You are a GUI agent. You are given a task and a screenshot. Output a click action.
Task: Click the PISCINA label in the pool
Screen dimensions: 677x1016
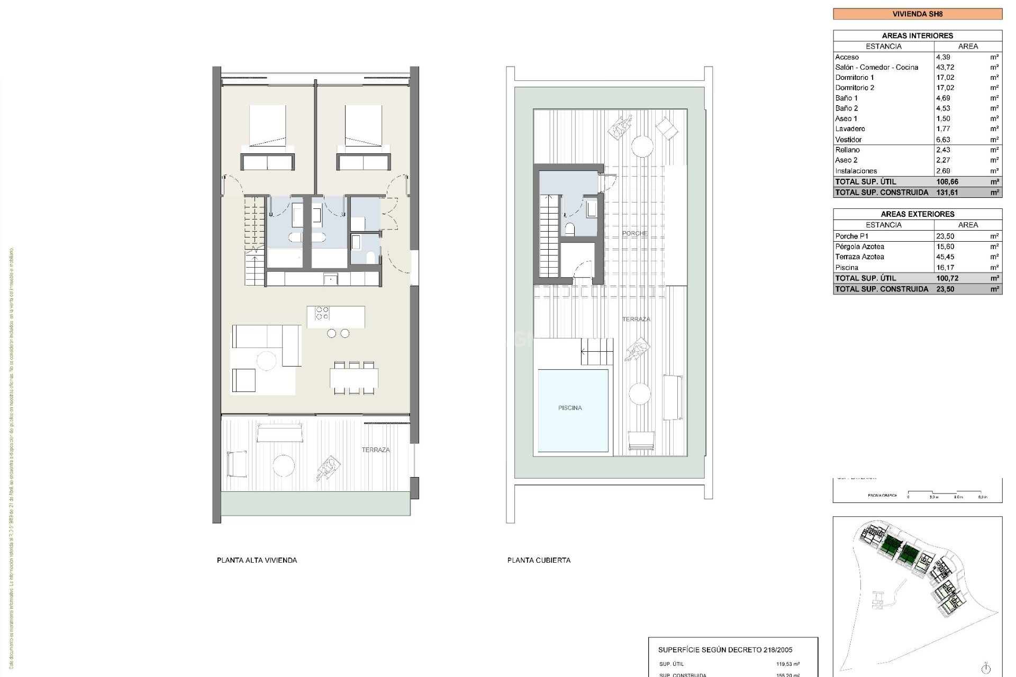click(570, 408)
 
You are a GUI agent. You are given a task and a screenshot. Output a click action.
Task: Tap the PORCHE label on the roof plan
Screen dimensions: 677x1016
click(634, 233)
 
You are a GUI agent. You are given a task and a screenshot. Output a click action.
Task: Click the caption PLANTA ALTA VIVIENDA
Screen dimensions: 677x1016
click(257, 560)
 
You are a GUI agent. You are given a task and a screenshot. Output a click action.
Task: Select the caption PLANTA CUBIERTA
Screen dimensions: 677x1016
click(539, 560)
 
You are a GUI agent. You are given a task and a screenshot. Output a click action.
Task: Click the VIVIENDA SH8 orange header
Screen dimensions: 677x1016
click(917, 14)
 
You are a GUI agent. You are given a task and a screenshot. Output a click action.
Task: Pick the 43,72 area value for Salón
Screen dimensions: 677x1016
click(945, 67)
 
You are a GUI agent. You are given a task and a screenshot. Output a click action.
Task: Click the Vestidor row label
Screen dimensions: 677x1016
click(848, 140)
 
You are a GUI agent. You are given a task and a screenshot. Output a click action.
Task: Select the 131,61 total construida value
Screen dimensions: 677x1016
click(947, 193)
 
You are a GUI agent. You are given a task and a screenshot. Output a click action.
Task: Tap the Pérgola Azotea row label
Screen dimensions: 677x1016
click(859, 246)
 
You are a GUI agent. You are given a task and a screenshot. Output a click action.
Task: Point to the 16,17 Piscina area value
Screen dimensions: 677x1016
click(945, 268)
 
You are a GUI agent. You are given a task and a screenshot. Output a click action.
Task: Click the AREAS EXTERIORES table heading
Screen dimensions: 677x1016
click(917, 214)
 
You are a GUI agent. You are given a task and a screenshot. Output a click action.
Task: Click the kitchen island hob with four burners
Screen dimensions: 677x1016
click(322, 313)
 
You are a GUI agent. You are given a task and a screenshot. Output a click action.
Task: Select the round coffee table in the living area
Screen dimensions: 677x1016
click(266, 361)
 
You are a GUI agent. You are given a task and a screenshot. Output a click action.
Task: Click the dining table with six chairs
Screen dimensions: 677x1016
click(354, 378)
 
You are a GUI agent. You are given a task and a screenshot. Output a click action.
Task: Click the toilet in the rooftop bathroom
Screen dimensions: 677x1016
click(570, 229)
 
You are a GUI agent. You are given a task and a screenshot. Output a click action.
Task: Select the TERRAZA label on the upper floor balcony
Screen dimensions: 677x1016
click(376, 450)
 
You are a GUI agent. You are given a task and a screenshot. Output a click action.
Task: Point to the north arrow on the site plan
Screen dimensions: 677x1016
click(986, 668)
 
